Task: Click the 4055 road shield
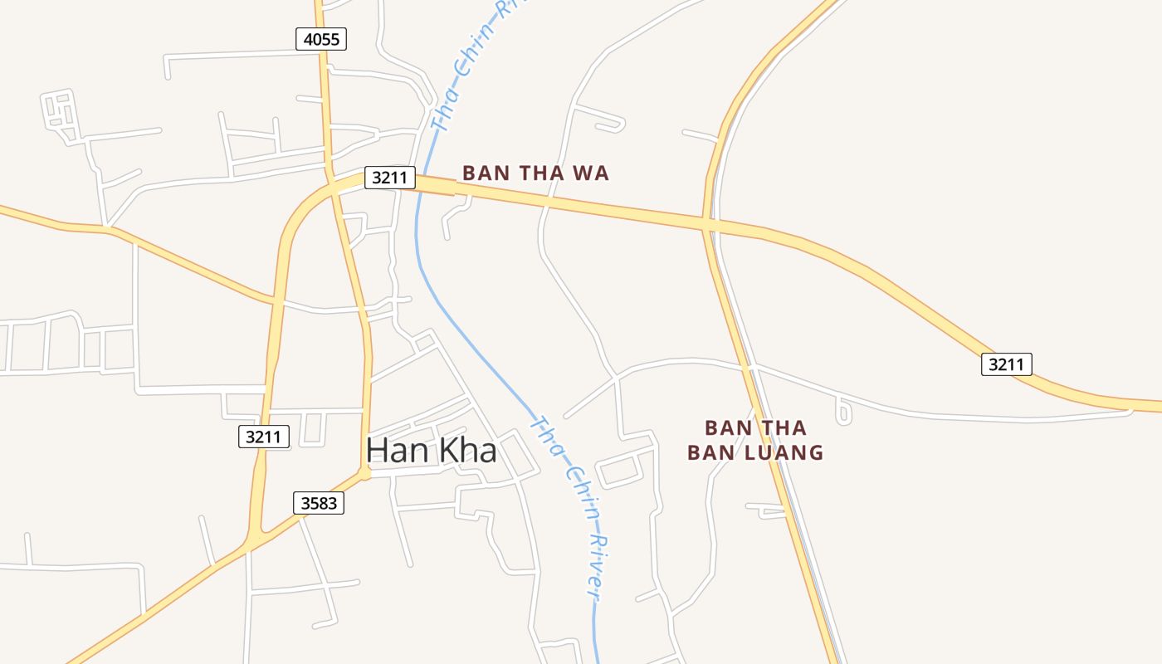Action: coord(321,38)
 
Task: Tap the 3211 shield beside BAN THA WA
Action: coord(389,177)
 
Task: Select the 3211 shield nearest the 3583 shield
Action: coord(264,437)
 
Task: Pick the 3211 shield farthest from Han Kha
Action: coord(1006,364)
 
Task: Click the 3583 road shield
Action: coord(318,502)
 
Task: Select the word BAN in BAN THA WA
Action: coord(486,173)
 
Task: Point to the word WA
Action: coord(593,173)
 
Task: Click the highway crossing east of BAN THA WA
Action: coord(707,222)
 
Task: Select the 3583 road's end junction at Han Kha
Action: coord(364,474)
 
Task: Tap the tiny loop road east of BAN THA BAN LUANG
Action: coord(843,412)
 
